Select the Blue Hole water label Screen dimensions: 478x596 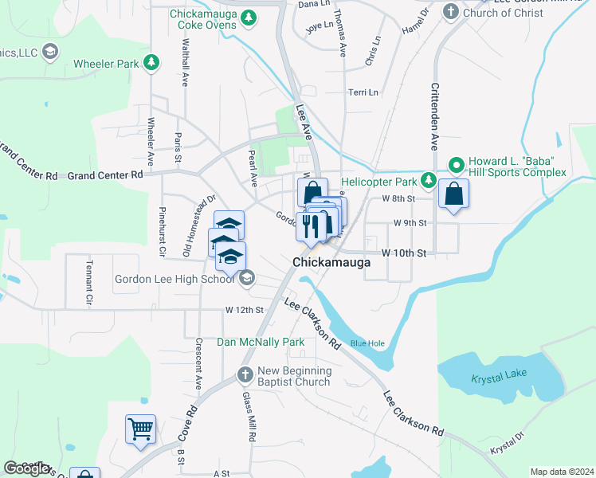367,343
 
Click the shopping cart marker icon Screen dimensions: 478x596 141,429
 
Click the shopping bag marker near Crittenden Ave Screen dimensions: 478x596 453,194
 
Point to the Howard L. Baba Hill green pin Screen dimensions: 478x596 457,167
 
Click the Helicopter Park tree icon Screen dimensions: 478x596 428,181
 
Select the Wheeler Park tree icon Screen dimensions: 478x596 150,62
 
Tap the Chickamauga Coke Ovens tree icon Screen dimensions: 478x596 249,18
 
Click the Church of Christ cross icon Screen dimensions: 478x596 450,12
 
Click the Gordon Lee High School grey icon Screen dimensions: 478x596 247,278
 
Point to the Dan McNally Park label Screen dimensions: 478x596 261,342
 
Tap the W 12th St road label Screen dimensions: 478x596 244,309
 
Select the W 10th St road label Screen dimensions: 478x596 405,253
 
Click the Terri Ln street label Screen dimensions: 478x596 363,92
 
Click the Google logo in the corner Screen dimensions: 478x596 26,468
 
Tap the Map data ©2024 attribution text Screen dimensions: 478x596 562,472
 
